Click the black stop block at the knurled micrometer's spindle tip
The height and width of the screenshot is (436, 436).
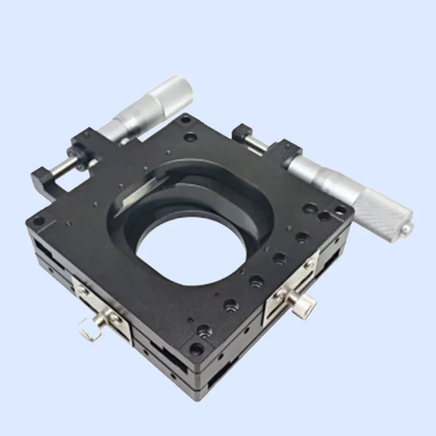(x=241, y=133)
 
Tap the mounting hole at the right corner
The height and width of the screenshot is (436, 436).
(x=341, y=210)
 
